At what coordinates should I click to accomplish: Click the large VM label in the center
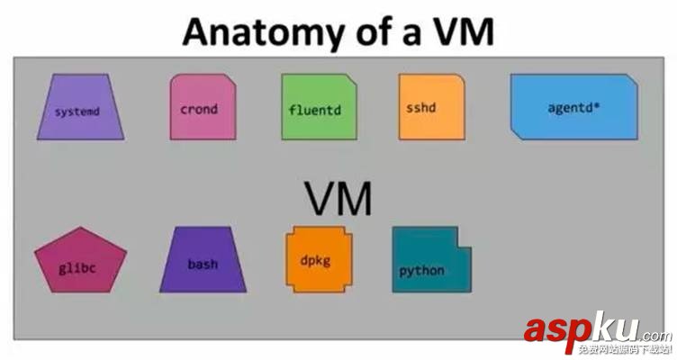coord(338,198)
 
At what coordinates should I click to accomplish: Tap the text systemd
coord(77,112)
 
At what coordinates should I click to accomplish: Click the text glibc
coord(77,269)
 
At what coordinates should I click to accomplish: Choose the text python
coord(422,270)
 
